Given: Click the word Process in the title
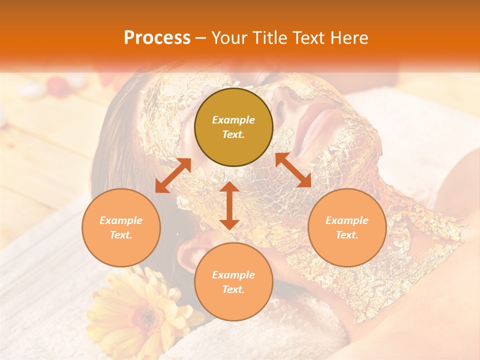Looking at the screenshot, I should pos(157,38).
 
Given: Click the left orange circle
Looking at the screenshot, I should pos(121,227).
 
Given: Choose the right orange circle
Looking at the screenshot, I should pos(347,227).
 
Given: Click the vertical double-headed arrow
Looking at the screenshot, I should pos(229,205).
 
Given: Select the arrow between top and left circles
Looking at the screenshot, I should pos(173,175).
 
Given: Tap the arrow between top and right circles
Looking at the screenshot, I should pos(293,170).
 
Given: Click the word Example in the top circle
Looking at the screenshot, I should pos(233,120).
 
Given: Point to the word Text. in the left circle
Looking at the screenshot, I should pos(121,235).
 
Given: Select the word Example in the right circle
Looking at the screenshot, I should pos(347,220).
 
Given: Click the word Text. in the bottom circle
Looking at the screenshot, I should pos(233,289).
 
